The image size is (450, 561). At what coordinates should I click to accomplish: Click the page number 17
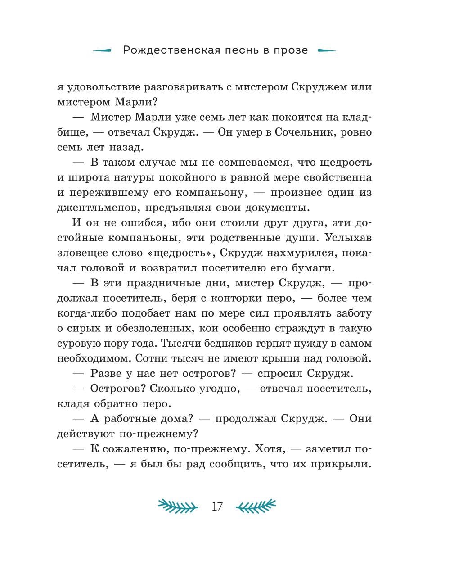point(217,507)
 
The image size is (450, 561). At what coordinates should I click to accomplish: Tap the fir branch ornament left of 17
point(178,506)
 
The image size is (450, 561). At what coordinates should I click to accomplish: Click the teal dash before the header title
point(102,50)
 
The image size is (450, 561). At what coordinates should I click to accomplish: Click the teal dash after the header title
point(327,50)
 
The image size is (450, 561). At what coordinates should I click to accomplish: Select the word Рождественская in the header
point(171,50)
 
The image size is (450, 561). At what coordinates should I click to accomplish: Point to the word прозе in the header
point(291,50)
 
